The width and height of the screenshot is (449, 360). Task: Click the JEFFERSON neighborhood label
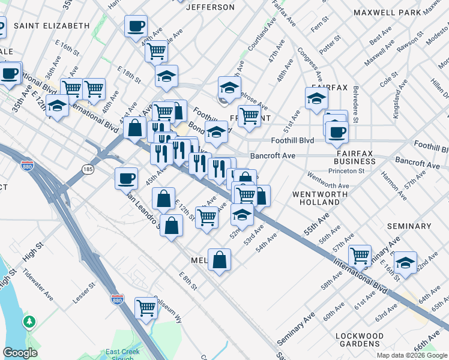[210, 7]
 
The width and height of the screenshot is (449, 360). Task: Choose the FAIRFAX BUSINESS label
[355, 157]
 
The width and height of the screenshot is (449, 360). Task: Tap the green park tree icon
[29, 323]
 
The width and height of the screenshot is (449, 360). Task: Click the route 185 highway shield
[88, 171]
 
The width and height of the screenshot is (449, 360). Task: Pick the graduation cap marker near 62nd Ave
[406, 262]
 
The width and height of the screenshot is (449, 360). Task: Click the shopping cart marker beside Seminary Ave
[360, 256]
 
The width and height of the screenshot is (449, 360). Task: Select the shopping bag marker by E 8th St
[220, 260]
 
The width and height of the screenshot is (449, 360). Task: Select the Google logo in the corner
[20, 353]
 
